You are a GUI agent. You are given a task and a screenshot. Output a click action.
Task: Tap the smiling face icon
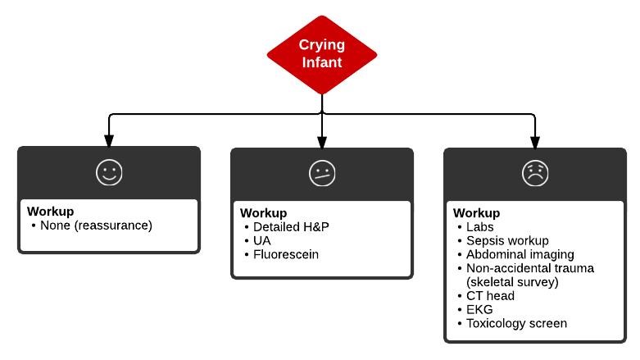(108, 172)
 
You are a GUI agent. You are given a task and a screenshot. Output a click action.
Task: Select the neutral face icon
(321, 173)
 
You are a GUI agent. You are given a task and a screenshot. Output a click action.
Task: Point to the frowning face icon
(535, 173)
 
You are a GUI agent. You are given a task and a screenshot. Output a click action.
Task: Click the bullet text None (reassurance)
(96, 225)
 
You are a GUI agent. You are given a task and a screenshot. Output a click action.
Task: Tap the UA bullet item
(262, 240)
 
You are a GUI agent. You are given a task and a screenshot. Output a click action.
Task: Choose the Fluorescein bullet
(285, 254)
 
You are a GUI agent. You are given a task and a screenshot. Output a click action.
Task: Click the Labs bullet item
(480, 226)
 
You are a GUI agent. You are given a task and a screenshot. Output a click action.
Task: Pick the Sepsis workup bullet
(507, 240)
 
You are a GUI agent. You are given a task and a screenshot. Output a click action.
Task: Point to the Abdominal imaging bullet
(520, 254)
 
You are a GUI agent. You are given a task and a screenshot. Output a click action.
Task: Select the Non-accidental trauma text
(529, 268)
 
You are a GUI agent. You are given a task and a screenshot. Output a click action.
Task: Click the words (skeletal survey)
(512, 281)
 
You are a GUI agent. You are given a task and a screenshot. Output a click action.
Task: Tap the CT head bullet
(491, 295)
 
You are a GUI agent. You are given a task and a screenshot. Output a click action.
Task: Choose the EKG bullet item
(479, 309)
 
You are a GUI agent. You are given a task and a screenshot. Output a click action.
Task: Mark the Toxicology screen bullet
(516, 323)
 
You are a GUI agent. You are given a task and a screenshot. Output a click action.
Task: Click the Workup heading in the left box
(50, 212)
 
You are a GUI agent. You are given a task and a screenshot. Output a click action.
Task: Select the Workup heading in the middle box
(263, 212)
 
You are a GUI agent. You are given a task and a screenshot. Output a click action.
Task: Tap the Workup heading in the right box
(476, 212)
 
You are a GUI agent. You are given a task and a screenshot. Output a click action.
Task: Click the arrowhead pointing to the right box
(535, 141)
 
